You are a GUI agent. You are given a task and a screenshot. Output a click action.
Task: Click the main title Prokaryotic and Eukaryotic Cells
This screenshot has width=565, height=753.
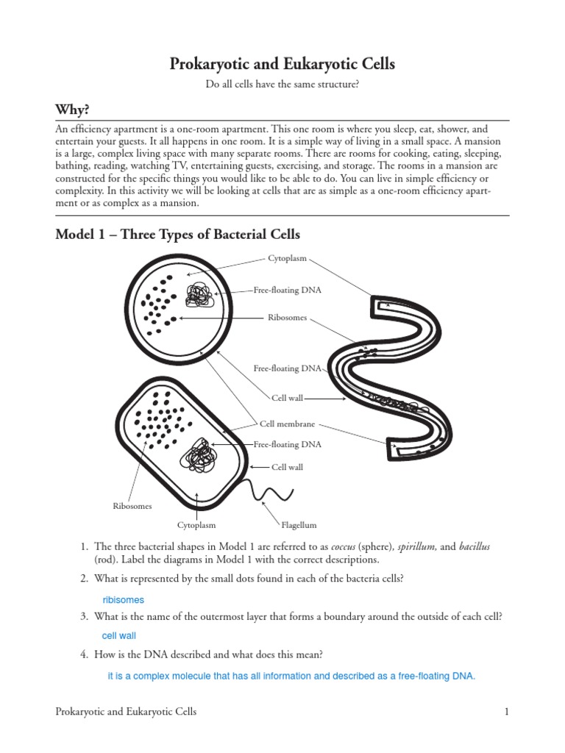click(x=282, y=65)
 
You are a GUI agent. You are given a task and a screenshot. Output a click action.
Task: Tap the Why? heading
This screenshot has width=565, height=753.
click(x=72, y=110)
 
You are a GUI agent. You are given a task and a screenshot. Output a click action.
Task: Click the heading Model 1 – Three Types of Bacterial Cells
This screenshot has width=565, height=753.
click(x=178, y=235)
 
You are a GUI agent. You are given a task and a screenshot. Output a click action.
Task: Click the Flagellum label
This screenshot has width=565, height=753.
click(x=299, y=525)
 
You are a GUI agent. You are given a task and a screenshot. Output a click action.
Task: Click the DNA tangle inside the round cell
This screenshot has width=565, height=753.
click(x=199, y=295)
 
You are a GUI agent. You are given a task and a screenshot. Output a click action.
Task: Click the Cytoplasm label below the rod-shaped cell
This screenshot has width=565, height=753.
click(x=196, y=525)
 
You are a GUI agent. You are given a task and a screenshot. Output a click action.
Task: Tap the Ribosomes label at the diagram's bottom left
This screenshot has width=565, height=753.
click(x=132, y=506)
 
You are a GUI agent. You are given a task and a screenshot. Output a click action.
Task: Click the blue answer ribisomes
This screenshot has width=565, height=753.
click(x=123, y=600)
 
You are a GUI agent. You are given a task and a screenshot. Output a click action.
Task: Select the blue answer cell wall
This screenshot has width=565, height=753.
click(x=118, y=635)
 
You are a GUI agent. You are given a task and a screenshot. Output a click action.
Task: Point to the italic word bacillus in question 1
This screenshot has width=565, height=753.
click(x=472, y=546)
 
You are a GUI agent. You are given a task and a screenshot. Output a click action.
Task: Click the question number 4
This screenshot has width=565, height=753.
click(x=85, y=654)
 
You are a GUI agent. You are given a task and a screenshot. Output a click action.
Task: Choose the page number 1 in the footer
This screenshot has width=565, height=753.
click(x=507, y=712)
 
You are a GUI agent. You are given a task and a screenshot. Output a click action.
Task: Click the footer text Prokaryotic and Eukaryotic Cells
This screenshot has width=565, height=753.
click(x=126, y=712)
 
